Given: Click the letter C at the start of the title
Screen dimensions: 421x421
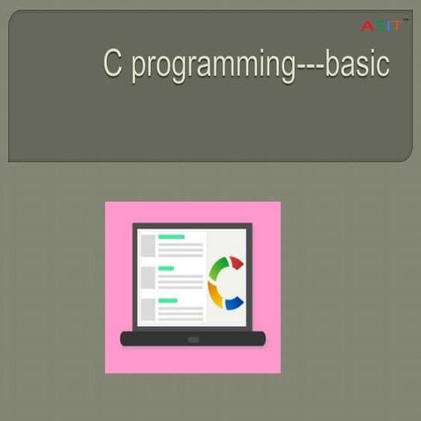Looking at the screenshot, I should [112, 65].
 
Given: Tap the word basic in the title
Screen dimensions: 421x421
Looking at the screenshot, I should [357, 65].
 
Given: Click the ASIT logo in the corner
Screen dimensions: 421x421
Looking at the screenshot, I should [382, 25].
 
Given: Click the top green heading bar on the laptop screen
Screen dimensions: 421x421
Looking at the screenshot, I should [171, 237].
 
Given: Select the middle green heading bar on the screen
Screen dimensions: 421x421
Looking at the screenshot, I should [167, 268].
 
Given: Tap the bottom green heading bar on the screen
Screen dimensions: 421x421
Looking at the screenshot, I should [168, 300].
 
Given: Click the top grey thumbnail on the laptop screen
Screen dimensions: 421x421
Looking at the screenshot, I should [147, 245].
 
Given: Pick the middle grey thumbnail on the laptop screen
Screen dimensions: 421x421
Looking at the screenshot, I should [147, 276].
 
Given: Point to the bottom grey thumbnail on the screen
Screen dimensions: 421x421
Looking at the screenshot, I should [147, 308].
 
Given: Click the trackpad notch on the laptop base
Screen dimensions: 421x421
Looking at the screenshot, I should [193, 339].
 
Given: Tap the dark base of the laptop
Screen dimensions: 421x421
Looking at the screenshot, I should [140, 339].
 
